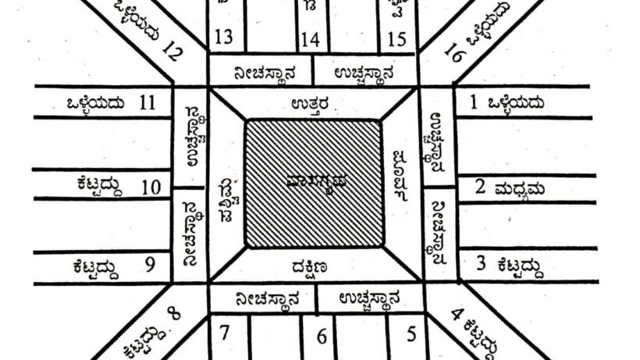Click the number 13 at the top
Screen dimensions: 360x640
point(223,38)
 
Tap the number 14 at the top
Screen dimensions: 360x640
point(310,38)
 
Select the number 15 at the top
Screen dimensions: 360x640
point(397,38)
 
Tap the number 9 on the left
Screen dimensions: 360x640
point(149,266)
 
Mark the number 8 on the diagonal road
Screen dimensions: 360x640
point(174,315)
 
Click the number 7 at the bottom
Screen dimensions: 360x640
point(224,333)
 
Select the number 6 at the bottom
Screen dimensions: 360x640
point(320,337)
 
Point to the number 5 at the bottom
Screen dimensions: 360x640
point(411,333)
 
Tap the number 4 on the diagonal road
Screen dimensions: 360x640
point(460,315)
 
